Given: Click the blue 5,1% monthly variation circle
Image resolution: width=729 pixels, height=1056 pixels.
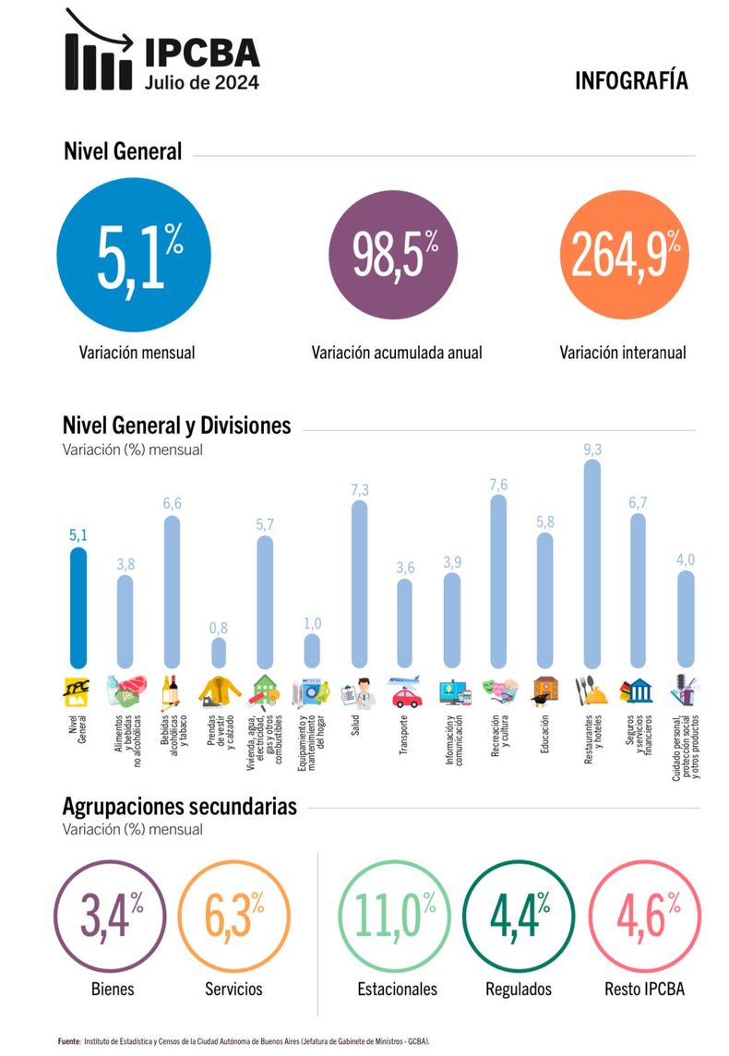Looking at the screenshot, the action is (x=134, y=255).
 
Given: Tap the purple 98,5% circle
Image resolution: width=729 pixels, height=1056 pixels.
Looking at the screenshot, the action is (x=393, y=255).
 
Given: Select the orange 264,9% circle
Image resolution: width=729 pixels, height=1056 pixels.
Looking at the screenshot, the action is (x=624, y=255).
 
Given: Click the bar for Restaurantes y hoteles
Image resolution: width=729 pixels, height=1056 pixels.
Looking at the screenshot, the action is (x=592, y=564).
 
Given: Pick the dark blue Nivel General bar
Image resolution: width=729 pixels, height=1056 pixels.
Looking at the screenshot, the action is (x=78, y=607).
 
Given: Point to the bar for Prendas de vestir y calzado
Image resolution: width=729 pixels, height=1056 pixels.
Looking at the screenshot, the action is (x=219, y=653).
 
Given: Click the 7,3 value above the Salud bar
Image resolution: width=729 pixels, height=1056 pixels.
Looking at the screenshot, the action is (x=360, y=490).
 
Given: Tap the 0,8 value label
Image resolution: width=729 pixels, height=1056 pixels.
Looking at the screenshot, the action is (x=219, y=628).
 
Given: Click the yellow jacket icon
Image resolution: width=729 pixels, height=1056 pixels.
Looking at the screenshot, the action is (x=220, y=691).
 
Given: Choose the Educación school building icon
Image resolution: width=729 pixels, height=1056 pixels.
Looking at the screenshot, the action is (x=545, y=691).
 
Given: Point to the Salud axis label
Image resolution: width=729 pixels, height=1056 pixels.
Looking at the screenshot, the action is (x=355, y=726).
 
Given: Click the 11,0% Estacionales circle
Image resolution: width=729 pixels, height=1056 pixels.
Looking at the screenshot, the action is (x=394, y=916).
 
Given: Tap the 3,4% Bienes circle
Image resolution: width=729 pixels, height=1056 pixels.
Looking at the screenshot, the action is (x=110, y=916).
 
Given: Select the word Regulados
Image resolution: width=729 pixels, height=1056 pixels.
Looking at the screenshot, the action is (x=519, y=989).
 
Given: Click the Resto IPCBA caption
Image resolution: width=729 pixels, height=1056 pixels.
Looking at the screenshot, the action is (x=644, y=989).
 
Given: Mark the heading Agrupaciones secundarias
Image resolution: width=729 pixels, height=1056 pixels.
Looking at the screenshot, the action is (x=180, y=806).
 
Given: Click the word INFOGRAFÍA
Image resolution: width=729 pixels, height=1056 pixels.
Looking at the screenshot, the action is (x=631, y=81).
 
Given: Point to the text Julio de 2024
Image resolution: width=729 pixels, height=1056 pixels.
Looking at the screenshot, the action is (x=201, y=82).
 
